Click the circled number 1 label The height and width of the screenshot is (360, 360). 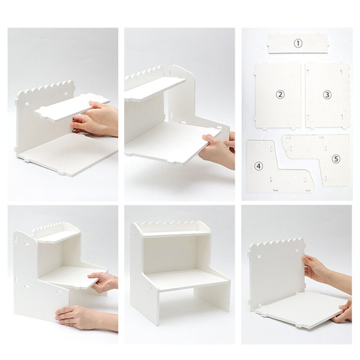click(298, 43)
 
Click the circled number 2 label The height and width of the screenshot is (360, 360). click(280, 94)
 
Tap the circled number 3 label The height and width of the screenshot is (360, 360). click(327, 94)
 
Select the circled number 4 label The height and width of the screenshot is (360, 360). click(259, 166)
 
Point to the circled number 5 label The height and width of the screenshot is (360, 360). click(336, 159)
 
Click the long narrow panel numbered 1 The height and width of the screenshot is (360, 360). click(298, 44)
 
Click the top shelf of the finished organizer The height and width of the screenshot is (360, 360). click(176, 234)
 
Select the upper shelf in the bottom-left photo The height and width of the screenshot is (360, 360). click(58, 236)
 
